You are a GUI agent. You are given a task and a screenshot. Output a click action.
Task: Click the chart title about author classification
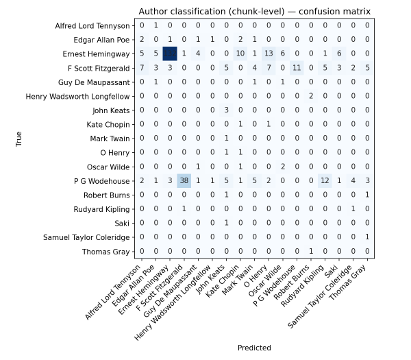[x=255, y=12]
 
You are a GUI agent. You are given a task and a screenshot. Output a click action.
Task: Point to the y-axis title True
[x=20, y=139]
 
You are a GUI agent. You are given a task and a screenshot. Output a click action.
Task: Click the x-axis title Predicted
[x=254, y=348]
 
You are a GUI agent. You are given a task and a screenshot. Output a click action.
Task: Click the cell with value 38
[x=184, y=181]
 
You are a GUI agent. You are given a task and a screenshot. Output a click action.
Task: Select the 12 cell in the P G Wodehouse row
[x=325, y=181]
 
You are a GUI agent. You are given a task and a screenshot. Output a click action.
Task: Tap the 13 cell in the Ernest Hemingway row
[x=269, y=54]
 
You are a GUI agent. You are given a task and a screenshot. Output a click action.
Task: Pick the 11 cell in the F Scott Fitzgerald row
[x=297, y=68]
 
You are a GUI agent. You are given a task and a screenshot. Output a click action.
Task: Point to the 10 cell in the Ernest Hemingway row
[x=240, y=54]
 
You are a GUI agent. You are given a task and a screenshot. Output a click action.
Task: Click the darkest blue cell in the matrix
[x=170, y=54]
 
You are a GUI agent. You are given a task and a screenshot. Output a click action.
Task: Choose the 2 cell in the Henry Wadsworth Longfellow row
[x=311, y=97]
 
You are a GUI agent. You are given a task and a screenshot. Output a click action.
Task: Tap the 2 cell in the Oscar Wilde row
[x=283, y=167]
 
